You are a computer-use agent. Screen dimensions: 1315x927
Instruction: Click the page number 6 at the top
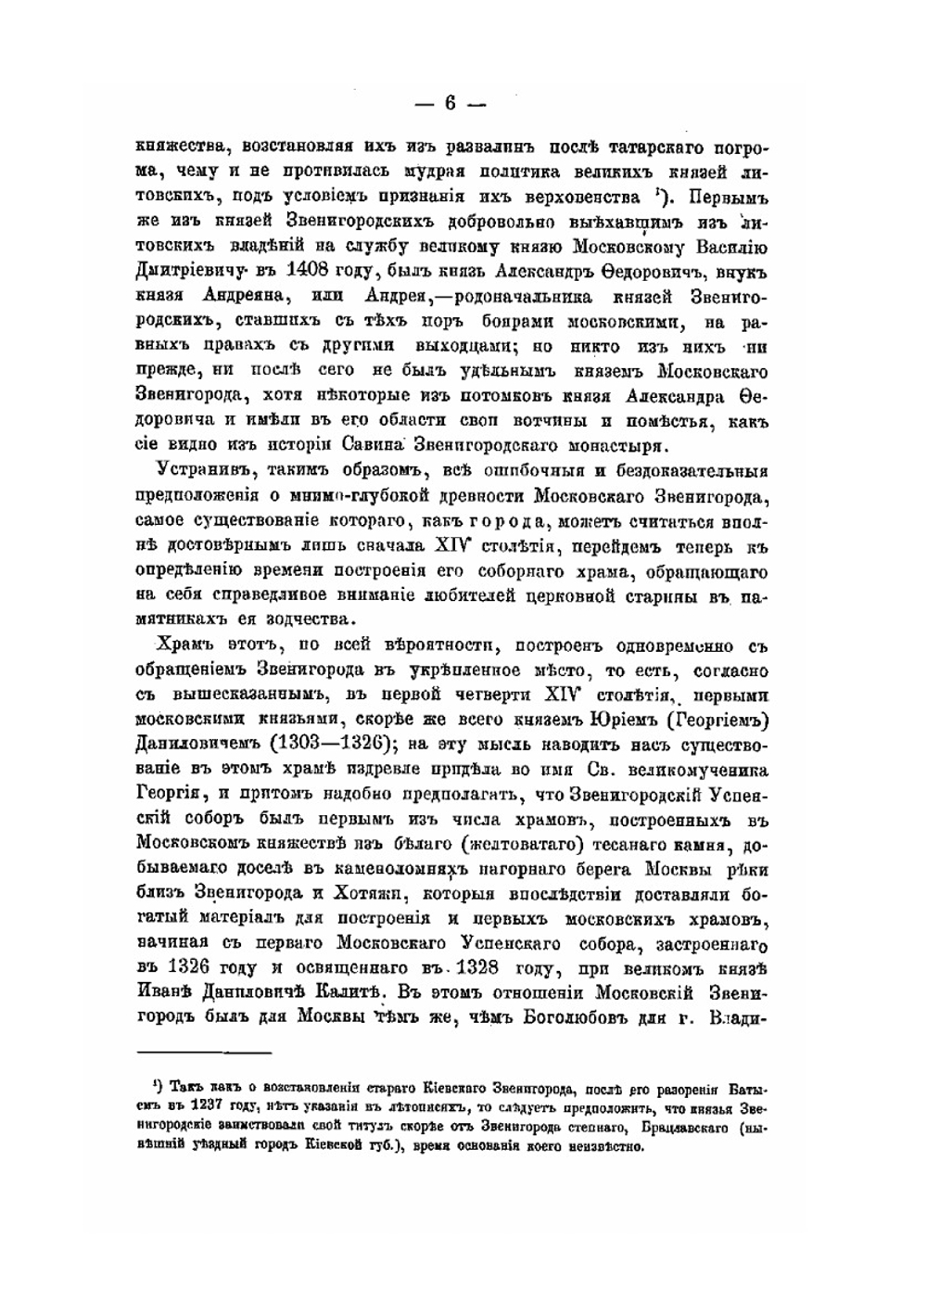[x=451, y=103]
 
